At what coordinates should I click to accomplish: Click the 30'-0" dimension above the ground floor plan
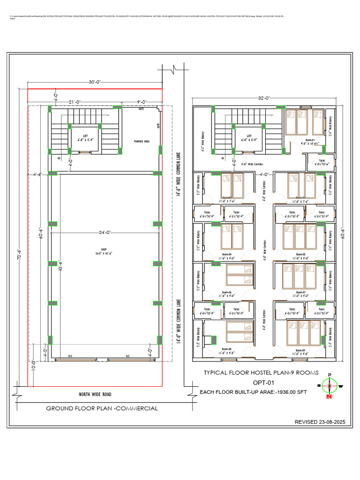tap(96, 82)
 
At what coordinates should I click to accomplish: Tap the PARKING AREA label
tap(141, 141)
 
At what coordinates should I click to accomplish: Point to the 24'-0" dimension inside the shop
tap(105, 232)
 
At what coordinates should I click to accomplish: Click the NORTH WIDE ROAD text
tap(95, 394)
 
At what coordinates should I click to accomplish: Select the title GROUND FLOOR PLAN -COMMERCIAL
tap(102, 408)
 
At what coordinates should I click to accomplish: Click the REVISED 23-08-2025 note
tap(319, 422)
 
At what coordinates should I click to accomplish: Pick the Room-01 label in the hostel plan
tap(310, 140)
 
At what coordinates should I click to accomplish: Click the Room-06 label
tap(227, 292)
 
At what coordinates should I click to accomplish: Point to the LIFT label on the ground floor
tap(85, 136)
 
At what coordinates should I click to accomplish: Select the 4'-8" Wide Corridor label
tap(252, 164)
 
